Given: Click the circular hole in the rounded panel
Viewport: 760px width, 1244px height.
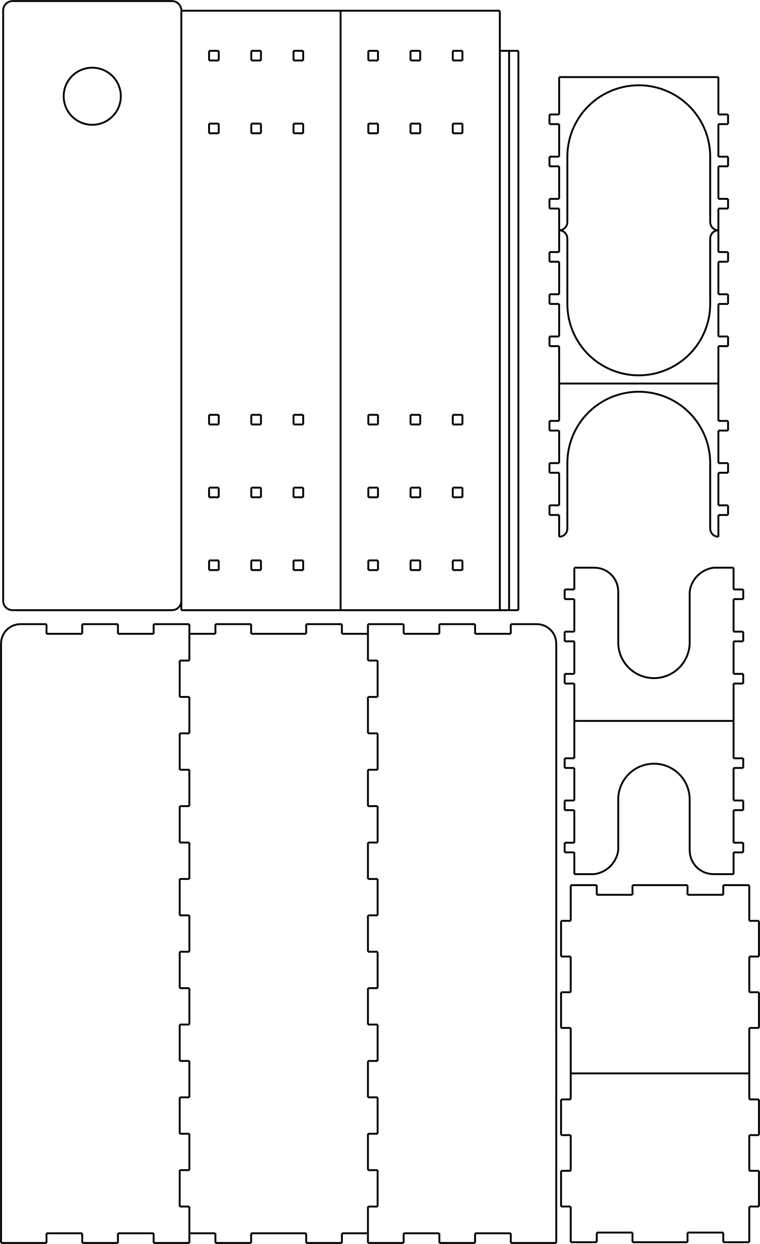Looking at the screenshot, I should (92, 96).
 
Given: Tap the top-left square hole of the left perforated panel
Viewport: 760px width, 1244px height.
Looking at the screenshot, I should (214, 56).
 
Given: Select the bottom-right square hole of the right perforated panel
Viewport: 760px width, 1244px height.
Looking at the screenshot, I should (457, 565).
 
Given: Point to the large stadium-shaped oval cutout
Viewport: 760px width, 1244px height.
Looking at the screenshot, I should (638, 230).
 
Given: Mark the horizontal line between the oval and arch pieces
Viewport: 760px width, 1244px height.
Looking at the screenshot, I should (638, 384).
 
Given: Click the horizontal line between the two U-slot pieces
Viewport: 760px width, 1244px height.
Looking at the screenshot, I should (654, 721).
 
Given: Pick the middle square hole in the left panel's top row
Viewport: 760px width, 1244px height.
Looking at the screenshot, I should (256, 56).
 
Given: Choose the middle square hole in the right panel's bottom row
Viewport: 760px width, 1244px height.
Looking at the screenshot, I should (415, 565).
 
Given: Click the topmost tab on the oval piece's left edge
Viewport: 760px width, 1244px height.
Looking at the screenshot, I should (554, 119).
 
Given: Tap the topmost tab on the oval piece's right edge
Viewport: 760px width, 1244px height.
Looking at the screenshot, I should (723, 119).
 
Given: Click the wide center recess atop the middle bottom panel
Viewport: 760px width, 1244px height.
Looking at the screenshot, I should (278, 629).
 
